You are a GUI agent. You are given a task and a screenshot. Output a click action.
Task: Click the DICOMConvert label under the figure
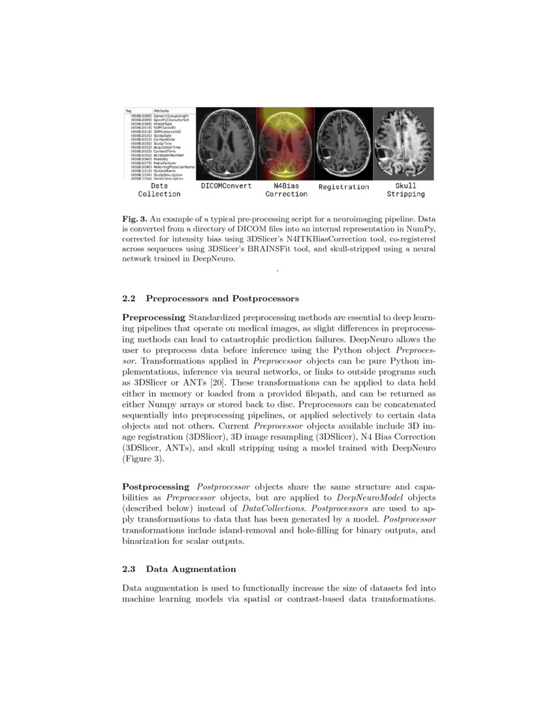(226, 187)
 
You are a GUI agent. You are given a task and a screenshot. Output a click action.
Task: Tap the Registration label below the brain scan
(343, 187)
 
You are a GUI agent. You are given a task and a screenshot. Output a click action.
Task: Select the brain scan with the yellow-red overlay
(285, 143)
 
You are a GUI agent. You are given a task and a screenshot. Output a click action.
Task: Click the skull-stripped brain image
(404, 143)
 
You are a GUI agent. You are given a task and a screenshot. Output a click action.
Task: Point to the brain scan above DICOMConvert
(226, 143)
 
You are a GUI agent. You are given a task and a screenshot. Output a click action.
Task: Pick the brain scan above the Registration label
(344, 143)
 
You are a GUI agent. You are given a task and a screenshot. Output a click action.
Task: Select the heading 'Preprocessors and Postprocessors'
(222, 299)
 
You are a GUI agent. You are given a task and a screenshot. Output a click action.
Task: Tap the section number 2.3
(129, 569)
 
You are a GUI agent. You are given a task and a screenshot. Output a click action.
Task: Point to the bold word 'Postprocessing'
(156, 487)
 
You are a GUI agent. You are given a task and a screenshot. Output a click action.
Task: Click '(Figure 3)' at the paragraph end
(143, 460)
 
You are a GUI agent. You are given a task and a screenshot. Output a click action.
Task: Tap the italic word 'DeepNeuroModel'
(362, 497)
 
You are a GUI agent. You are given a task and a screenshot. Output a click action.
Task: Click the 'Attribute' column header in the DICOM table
(161, 111)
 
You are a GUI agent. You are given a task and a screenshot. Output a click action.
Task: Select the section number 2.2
(129, 299)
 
